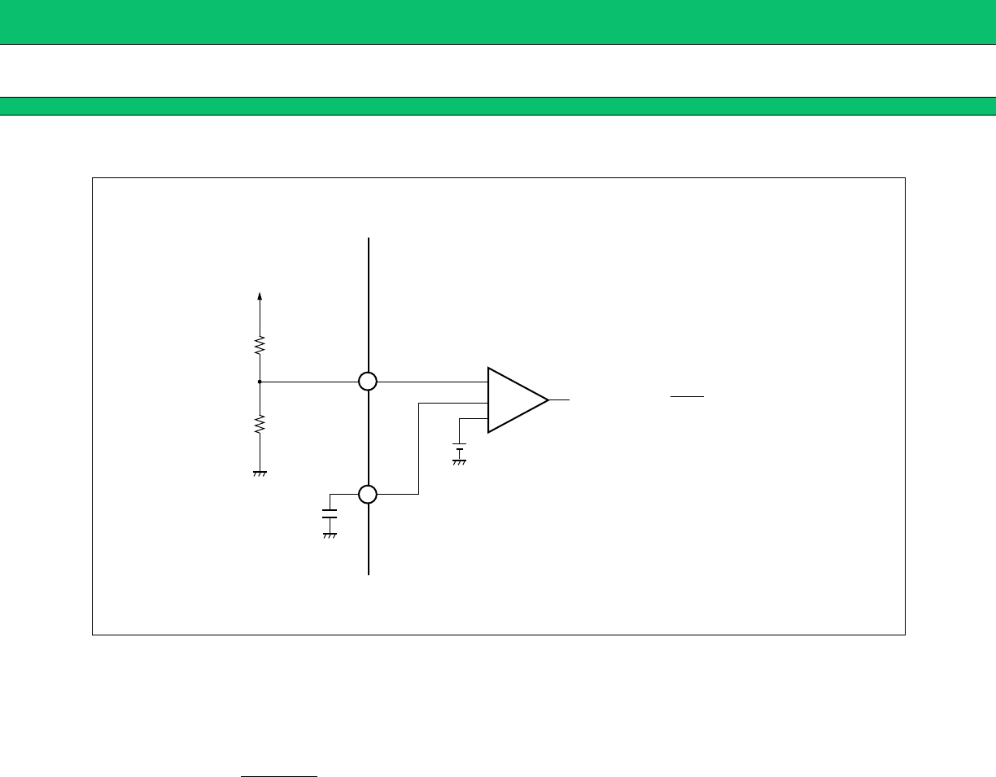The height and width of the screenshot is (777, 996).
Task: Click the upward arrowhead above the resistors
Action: click(260, 297)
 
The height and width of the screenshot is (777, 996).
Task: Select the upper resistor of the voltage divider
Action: click(260, 346)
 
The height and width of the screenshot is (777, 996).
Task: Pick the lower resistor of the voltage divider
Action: click(260, 424)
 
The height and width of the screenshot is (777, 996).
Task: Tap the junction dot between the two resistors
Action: click(260, 381)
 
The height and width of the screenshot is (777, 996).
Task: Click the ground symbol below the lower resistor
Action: click(260, 473)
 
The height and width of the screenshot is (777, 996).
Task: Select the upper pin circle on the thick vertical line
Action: click(369, 381)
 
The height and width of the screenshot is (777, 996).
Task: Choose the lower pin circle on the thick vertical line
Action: click(369, 494)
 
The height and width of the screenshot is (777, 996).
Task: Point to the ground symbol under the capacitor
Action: click(330, 535)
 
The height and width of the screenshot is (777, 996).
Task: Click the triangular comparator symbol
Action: click(513, 399)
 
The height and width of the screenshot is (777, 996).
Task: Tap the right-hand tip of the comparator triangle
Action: click(547, 399)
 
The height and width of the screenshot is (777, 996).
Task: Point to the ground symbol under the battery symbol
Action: click(460, 461)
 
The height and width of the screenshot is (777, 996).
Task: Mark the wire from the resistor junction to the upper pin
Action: click(309, 381)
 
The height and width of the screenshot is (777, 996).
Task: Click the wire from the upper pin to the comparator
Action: click(431, 381)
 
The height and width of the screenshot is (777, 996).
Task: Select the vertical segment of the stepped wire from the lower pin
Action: click(418, 447)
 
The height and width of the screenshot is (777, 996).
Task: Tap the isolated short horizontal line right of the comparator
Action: click(687, 397)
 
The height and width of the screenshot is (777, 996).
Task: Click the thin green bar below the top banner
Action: click(498, 106)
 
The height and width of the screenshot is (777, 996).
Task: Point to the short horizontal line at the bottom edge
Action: click(278, 776)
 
